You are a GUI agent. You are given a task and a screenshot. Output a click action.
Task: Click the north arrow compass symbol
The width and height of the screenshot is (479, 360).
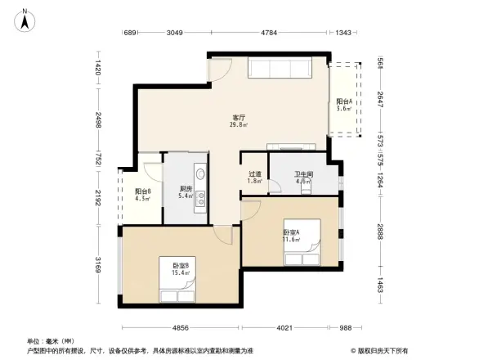point(25,18)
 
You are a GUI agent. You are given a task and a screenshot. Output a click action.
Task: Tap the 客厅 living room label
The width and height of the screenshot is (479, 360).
point(239,118)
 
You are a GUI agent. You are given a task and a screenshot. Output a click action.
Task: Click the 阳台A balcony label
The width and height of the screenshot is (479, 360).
point(344,101)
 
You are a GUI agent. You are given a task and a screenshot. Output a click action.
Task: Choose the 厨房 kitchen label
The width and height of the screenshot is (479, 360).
point(186,189)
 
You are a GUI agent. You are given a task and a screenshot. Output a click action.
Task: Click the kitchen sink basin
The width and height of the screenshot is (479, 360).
point(200,173)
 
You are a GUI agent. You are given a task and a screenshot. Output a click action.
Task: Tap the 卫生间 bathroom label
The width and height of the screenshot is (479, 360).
point(304,174)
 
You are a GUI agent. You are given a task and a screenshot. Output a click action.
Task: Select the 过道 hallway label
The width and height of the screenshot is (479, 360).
point(255,174)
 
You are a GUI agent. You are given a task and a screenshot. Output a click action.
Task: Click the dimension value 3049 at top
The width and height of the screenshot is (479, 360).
point(175,34)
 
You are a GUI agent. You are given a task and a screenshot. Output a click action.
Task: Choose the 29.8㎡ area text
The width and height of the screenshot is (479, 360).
point(239,125)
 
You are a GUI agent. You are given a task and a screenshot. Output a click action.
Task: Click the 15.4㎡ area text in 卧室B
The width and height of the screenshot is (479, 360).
point(181,273)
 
